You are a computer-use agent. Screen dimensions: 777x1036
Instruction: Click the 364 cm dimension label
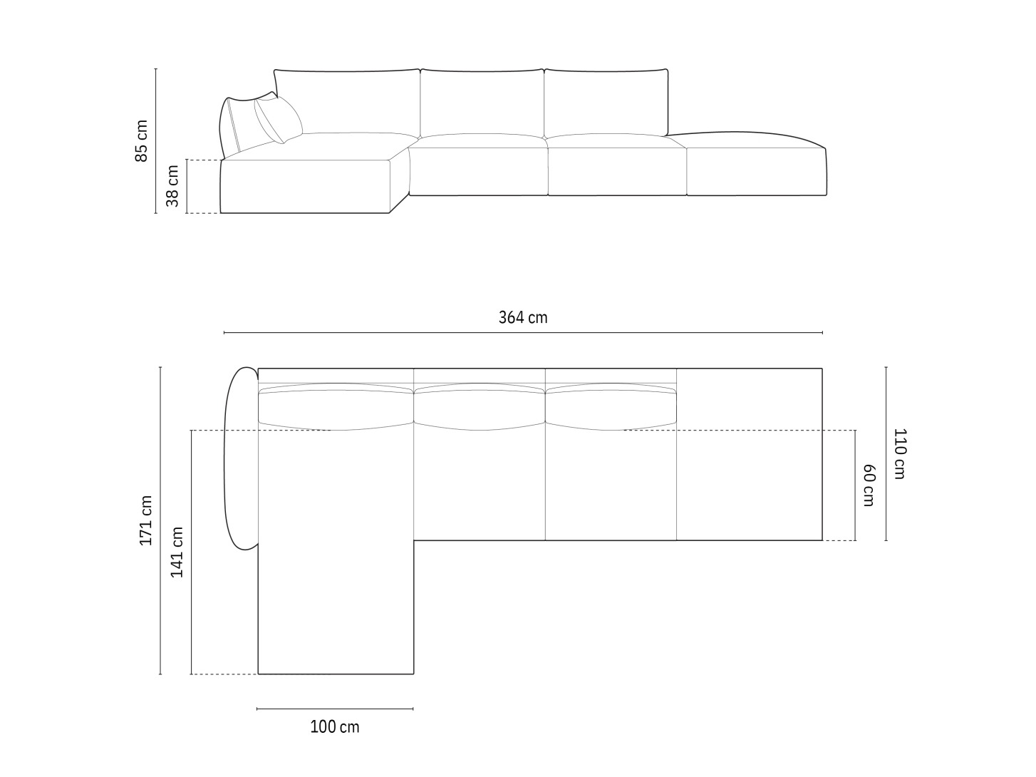point(523,318)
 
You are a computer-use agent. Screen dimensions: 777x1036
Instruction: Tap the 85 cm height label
point(141,140)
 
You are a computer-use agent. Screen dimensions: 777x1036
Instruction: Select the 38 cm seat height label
point(172,186)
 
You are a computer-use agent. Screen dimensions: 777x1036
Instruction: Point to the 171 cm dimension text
point(145,520)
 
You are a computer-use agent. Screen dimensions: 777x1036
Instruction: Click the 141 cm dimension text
point(177,552)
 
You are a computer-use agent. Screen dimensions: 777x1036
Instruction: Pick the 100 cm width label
point(335,727)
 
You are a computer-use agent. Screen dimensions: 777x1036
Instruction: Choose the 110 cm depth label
point(899,453)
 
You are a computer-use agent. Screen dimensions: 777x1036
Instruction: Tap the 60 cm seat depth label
point(869,485)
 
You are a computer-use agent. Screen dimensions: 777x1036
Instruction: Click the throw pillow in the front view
point(278,118)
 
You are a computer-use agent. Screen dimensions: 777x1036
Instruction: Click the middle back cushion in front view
point(482,102)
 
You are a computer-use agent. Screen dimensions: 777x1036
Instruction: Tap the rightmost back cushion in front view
point(606,102)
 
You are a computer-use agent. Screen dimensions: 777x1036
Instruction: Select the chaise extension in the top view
point(335,606)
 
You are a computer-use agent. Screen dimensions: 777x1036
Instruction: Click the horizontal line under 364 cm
point(523,333)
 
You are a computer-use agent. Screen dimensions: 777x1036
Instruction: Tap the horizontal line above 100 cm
point(335,709)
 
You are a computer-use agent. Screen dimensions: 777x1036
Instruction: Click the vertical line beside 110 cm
point(886,453)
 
